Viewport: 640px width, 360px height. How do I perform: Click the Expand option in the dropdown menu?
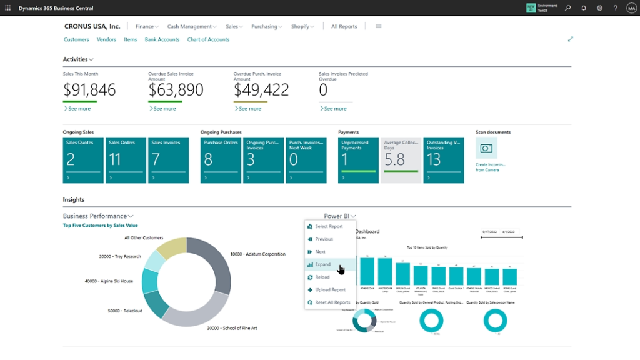click(x=323, y=264)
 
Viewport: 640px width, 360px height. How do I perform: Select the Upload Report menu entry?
click(x=330, y=290)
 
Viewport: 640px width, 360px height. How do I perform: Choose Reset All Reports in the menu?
click(x=332, y=302)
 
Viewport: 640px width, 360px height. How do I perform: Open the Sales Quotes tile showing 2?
click(x=83, y=160)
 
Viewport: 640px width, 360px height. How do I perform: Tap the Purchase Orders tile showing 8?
click(x=221, y=160)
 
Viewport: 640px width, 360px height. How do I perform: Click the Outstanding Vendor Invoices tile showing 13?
click(x=443, y=160)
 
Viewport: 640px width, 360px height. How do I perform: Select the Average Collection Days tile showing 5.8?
click(x=401, y=160)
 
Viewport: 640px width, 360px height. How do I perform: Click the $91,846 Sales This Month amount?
click(x=89, y=90)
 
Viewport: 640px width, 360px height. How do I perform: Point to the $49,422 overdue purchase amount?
click(x=261, y=90)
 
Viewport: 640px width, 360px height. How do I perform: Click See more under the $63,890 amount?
click(x=164, y=109)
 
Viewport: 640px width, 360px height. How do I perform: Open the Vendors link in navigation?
click(x=106, y=39)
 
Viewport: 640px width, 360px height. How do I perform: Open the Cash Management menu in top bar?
click(x=192, y=27)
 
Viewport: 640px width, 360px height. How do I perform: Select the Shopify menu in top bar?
click(x=302, y=27)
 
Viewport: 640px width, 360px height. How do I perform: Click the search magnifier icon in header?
click(x=567, y=8)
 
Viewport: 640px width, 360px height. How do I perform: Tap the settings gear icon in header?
click(x=599, y=8)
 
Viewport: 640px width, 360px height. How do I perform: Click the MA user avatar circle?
click(x=631, y=8)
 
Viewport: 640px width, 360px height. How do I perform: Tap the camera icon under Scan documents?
click(x=486, y=148)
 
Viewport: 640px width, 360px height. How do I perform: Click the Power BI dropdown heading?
click(x=339, y=216)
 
